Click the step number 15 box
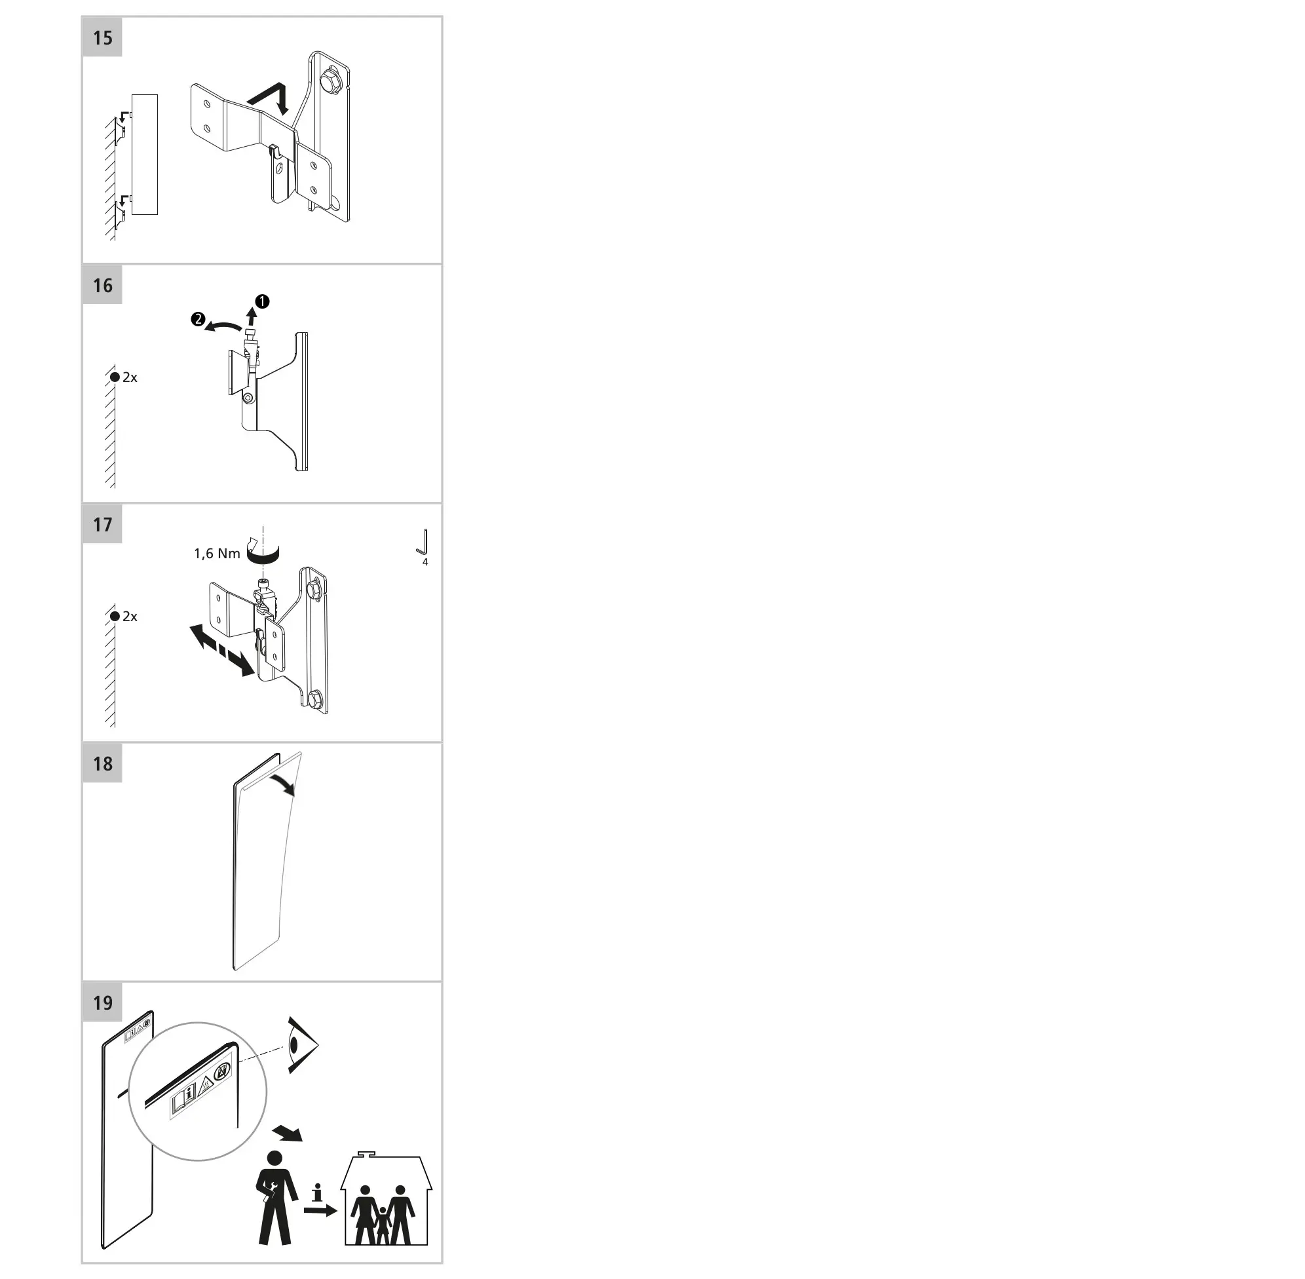pos(102,37)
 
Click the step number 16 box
pos(102,286)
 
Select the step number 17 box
pos(102,524)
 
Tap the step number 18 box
pos(102,764)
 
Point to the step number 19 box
pos(102,1003)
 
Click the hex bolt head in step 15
pos(331,80)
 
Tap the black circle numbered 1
pos(262,301)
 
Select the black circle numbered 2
pos(197,320)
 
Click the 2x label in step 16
pos(130,377)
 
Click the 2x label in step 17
pos(130,617)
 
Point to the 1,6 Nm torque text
pos(217,554)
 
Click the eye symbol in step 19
pos(301,1044)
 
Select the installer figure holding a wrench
pos(276,1197)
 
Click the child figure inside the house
pos(383,1225)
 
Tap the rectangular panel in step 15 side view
pos(144,155)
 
